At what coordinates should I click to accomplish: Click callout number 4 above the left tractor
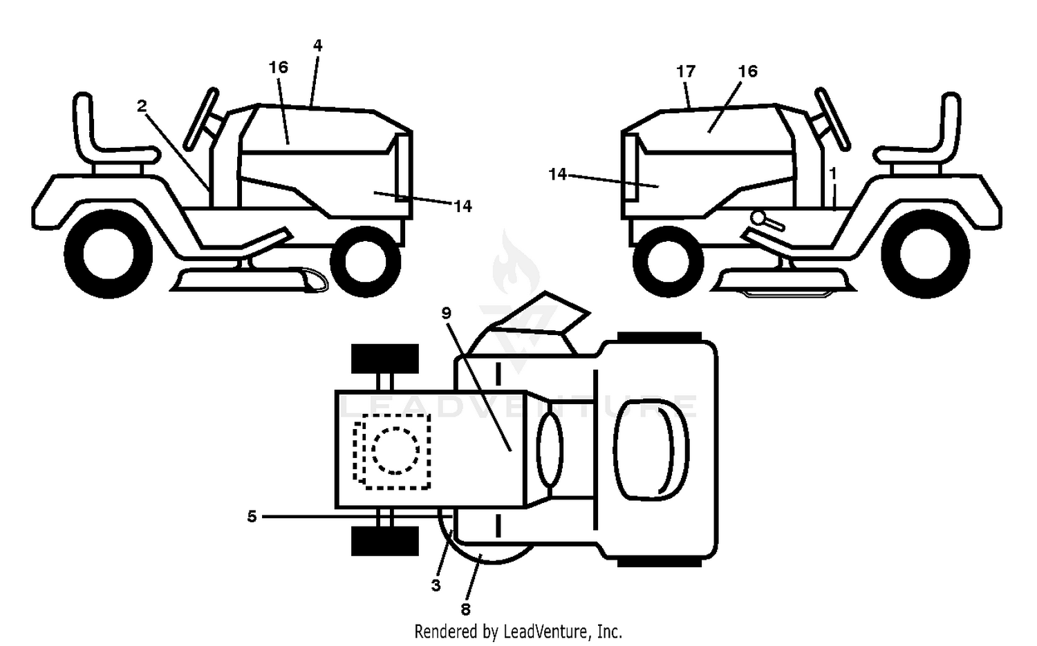coord(317,46)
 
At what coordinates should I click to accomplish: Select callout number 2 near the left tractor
coord(142,106)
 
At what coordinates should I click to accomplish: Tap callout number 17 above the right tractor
coord(686,72)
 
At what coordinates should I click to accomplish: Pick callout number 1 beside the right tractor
coord(833,174)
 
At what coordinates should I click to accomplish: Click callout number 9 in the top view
coord(447,313)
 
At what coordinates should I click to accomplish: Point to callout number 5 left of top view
coord(252,516)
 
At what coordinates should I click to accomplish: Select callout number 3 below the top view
coord(436,585)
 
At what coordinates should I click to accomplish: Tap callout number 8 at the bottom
coord(466,609)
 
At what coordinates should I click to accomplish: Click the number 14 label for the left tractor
coord(463,206)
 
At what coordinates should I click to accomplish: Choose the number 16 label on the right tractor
coord(747,71)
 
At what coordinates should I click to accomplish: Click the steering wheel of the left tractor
coord(201,120)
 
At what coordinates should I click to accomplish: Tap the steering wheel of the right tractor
coord(832,120)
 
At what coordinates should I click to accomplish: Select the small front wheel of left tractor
coord(365,261)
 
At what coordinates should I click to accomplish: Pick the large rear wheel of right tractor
coord(926,254)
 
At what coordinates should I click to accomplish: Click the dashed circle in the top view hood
coord(395,450)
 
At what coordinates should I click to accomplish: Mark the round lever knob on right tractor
coord(759,218)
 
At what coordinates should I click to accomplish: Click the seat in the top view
coord(651,450)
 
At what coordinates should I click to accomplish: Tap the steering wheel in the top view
coord(550,450)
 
